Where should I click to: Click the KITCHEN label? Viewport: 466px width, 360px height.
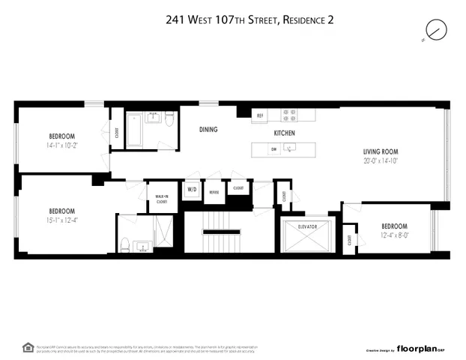click(284, 133)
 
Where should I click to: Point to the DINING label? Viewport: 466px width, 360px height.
click(208, 130)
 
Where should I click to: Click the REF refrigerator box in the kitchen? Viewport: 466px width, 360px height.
click(260, 115)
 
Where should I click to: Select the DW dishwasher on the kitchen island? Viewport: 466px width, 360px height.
click(273, 148)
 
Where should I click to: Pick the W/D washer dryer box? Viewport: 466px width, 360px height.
click(191, 190)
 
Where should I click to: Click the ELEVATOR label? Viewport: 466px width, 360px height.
click(308, 226)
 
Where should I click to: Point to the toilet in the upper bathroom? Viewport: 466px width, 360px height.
click(169, 121)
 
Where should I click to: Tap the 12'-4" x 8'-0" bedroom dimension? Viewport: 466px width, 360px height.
click(394, 236)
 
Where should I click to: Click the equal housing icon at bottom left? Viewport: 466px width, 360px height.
click(28, 346)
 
